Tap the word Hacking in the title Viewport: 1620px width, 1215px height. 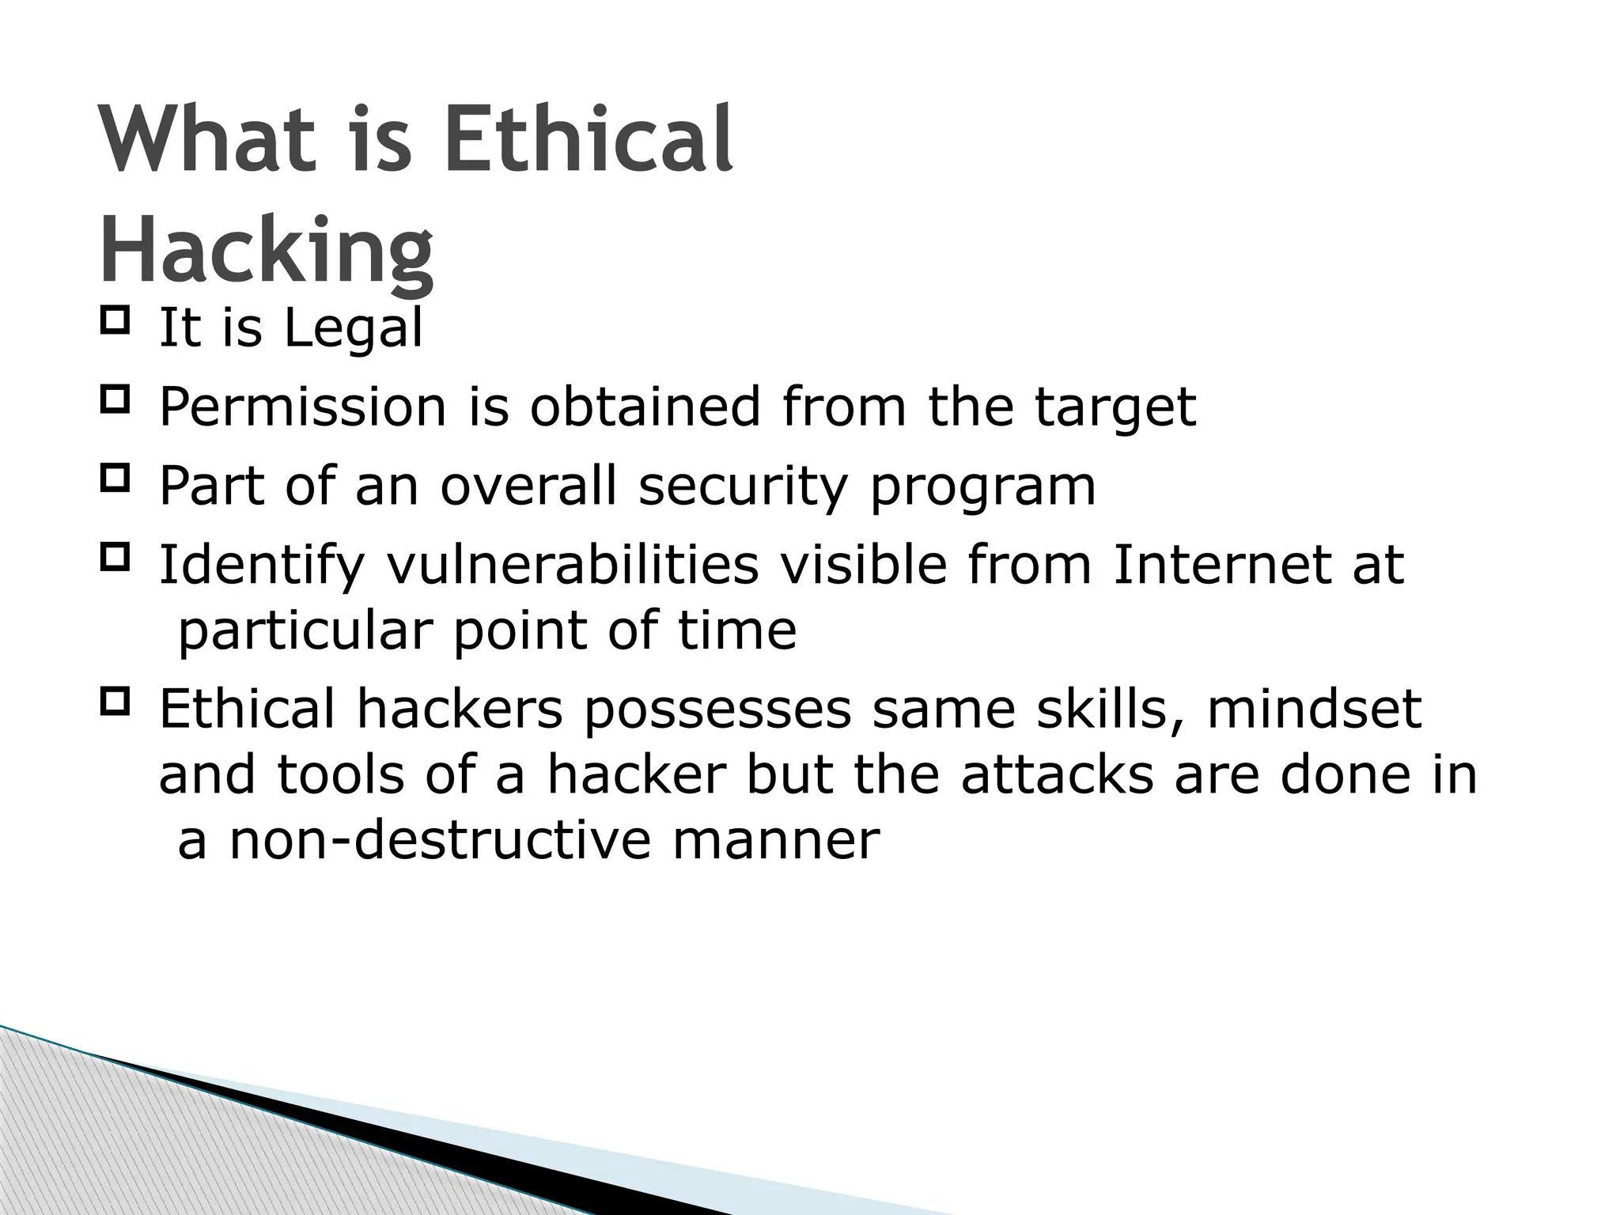point(267,252)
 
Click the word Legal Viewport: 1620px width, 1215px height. point(353,328)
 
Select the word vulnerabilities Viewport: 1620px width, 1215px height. point(573,565)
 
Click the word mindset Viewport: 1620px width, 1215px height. point(1314,709)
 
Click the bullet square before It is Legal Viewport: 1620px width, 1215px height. point(115,322)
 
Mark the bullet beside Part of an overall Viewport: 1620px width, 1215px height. point(115,479)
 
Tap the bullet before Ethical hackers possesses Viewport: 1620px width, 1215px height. point(115,702)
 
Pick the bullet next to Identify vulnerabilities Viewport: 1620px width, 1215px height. point(115,558)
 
